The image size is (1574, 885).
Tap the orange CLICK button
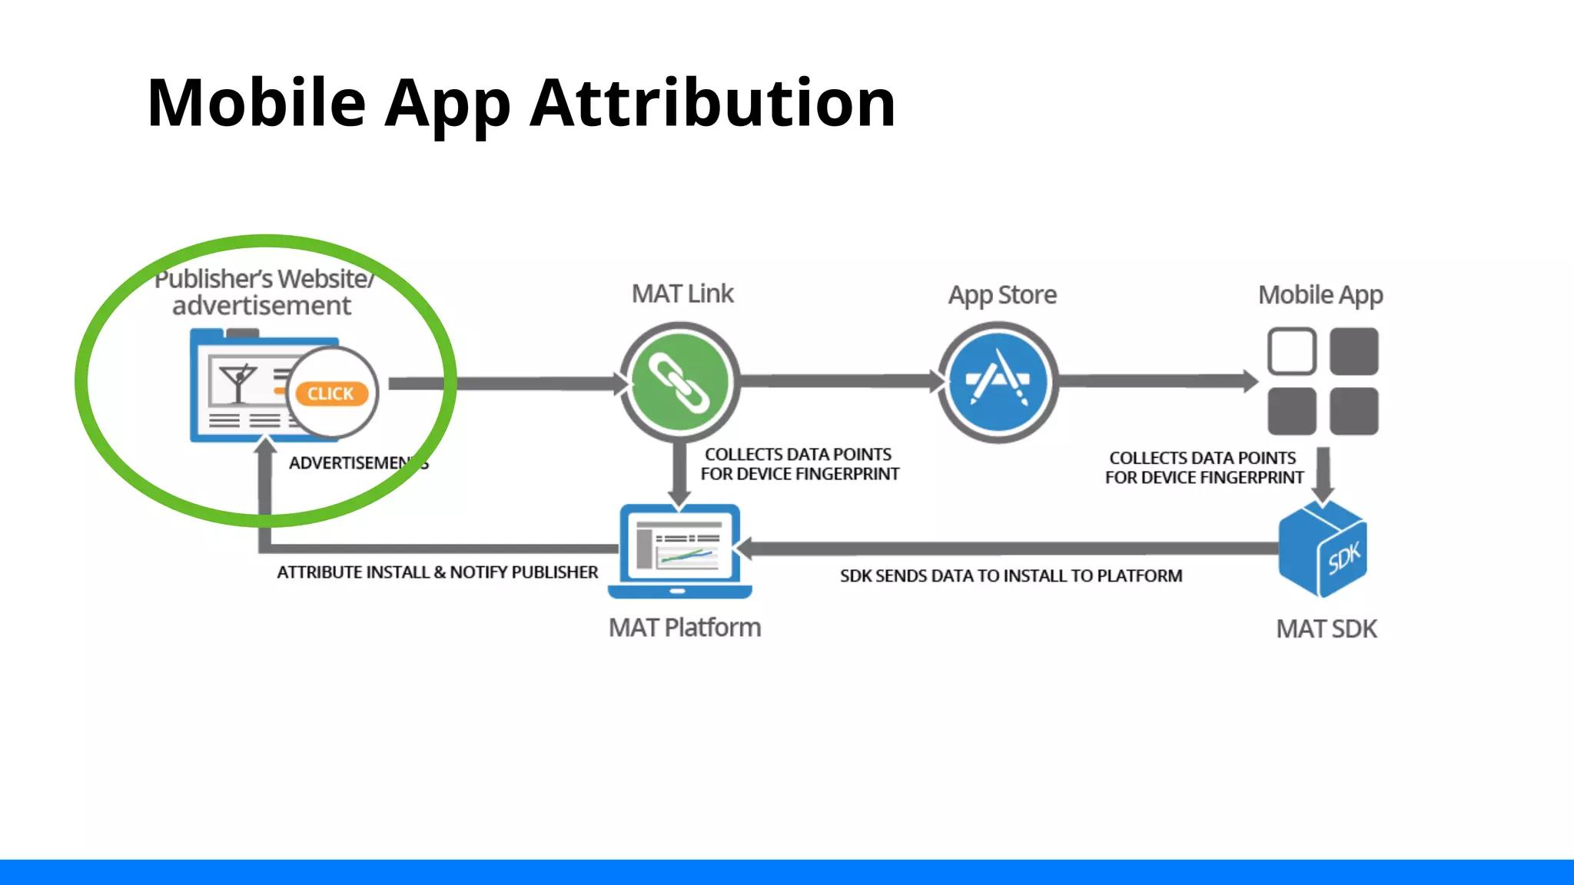tap(331, 393)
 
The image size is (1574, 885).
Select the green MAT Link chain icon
tap(679, 382)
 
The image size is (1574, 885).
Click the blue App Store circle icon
tap(998, 382)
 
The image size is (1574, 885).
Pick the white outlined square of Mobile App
tap(1291, 351)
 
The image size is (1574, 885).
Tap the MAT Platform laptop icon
tap(679, 550)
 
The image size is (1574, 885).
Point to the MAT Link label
tap(682, 293)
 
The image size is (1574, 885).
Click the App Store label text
tap(1002, 295)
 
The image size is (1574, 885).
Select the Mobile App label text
tap(1320, 295)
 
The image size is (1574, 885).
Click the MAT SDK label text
tap(1327, 629)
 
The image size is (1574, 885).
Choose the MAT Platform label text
tap(685, 628)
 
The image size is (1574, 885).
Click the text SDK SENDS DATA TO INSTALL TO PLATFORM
tap(1011, 575)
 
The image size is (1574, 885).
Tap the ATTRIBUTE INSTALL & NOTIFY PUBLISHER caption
tap(437, 572)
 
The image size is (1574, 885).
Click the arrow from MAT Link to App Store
tap(838, 381)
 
